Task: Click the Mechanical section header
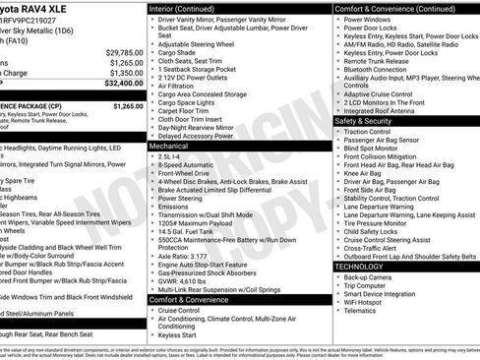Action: click(169, 145)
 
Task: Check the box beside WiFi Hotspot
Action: click(338, 301)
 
